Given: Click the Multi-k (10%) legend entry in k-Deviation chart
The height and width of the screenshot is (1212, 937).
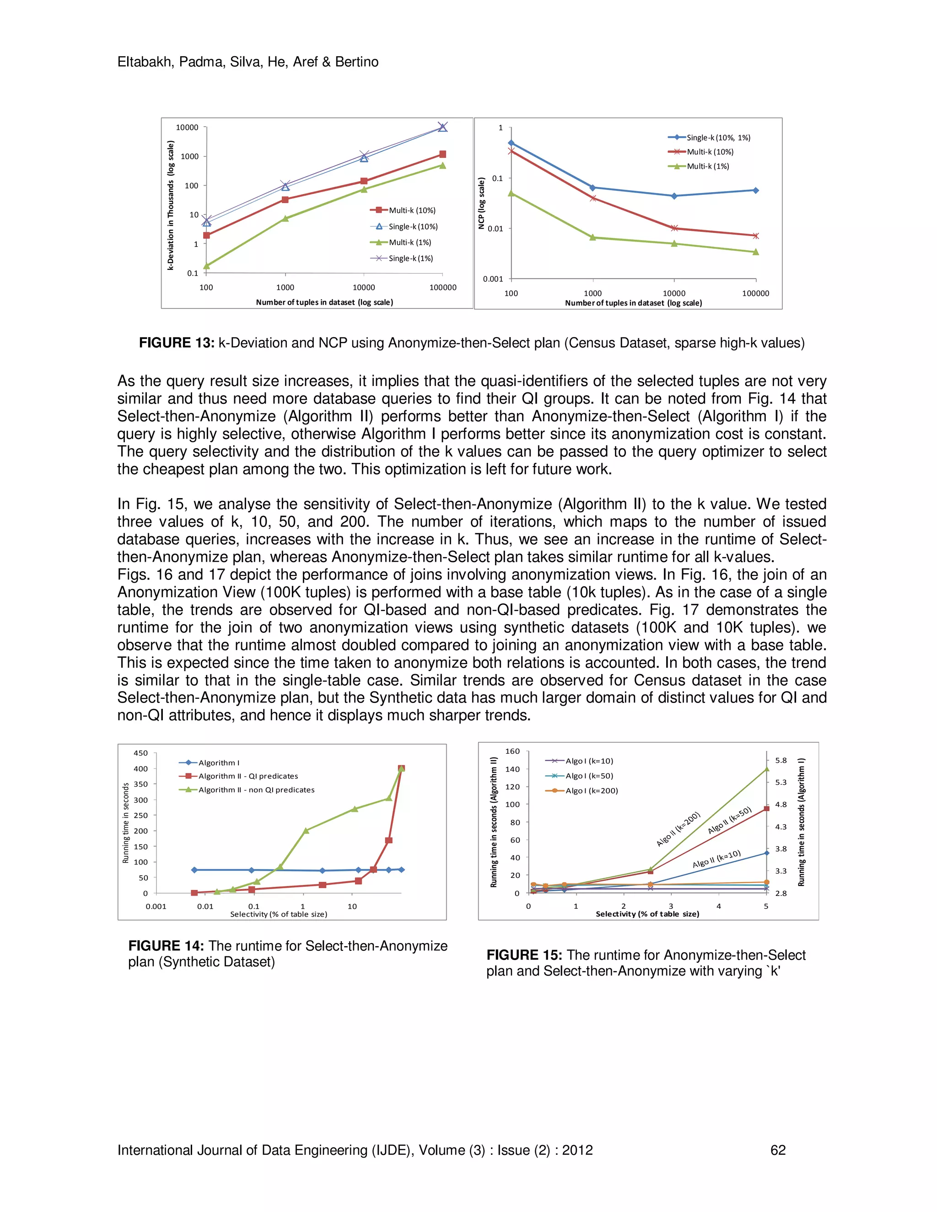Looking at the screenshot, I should (x=411, y=210).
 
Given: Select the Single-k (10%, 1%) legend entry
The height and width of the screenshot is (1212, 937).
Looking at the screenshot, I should (x=718, y=138).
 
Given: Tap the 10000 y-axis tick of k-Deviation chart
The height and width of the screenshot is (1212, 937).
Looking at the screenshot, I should (x=187, y=128).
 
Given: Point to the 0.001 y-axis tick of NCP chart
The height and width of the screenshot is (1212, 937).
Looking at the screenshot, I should (x=492, y=279).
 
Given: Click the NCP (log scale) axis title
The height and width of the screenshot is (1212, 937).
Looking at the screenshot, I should (x=481, y=203).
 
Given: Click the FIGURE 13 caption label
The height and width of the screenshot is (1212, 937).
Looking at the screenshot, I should (x=176, y=343).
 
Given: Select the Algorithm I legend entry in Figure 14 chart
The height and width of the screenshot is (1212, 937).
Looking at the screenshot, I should (x=219, y=763).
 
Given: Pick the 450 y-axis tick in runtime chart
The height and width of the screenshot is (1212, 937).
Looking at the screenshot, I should (x=140, y=753).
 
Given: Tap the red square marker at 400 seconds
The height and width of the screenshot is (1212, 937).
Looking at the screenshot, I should (x=401, y=769).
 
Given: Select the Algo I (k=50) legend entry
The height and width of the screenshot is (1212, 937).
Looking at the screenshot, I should (x=589, y=776).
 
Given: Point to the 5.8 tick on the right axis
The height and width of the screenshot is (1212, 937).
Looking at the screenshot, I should (x=781, y=760).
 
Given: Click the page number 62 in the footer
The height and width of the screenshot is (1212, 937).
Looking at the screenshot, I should (x=778, y=1150).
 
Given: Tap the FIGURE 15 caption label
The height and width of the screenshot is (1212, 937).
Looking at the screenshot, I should (x=524, y=955).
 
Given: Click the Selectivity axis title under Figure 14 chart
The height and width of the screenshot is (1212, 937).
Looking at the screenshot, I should (x=279, y=914).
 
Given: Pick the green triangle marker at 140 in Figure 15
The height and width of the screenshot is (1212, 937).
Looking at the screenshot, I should (x=767, y=769).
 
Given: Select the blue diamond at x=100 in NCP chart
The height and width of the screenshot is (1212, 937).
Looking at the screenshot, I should (x=511, y=143).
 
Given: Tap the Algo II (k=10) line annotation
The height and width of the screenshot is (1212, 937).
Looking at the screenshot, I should (x=716, y=859).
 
